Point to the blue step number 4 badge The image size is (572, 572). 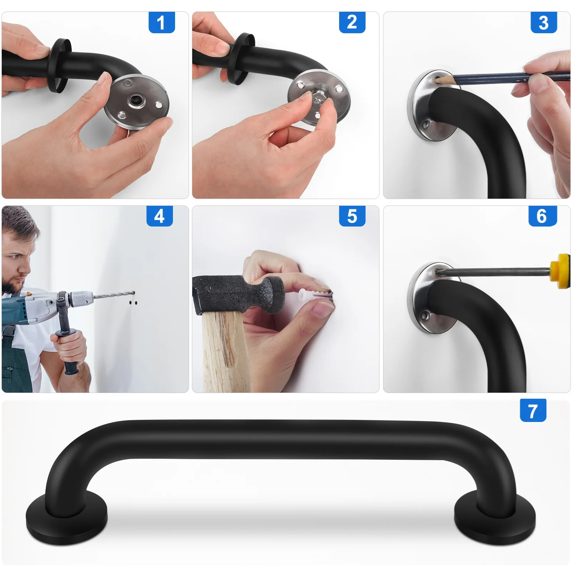pyautogui.click(x=159, y=216)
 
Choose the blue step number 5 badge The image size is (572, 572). pyautogui.click(x=352, y=216)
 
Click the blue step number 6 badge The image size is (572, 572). pyautogui.click(x=542, y=216)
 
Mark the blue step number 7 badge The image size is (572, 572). pyautogui.click(x=533, y=411)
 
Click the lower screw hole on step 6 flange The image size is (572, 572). pyautogui.click(x=425, y=315)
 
